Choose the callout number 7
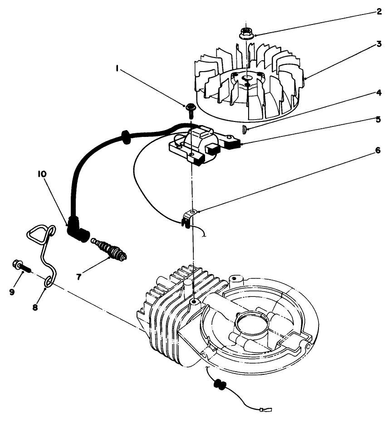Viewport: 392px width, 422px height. (x=79, y=276)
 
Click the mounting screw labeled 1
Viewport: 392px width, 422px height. (x=190, y=107)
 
